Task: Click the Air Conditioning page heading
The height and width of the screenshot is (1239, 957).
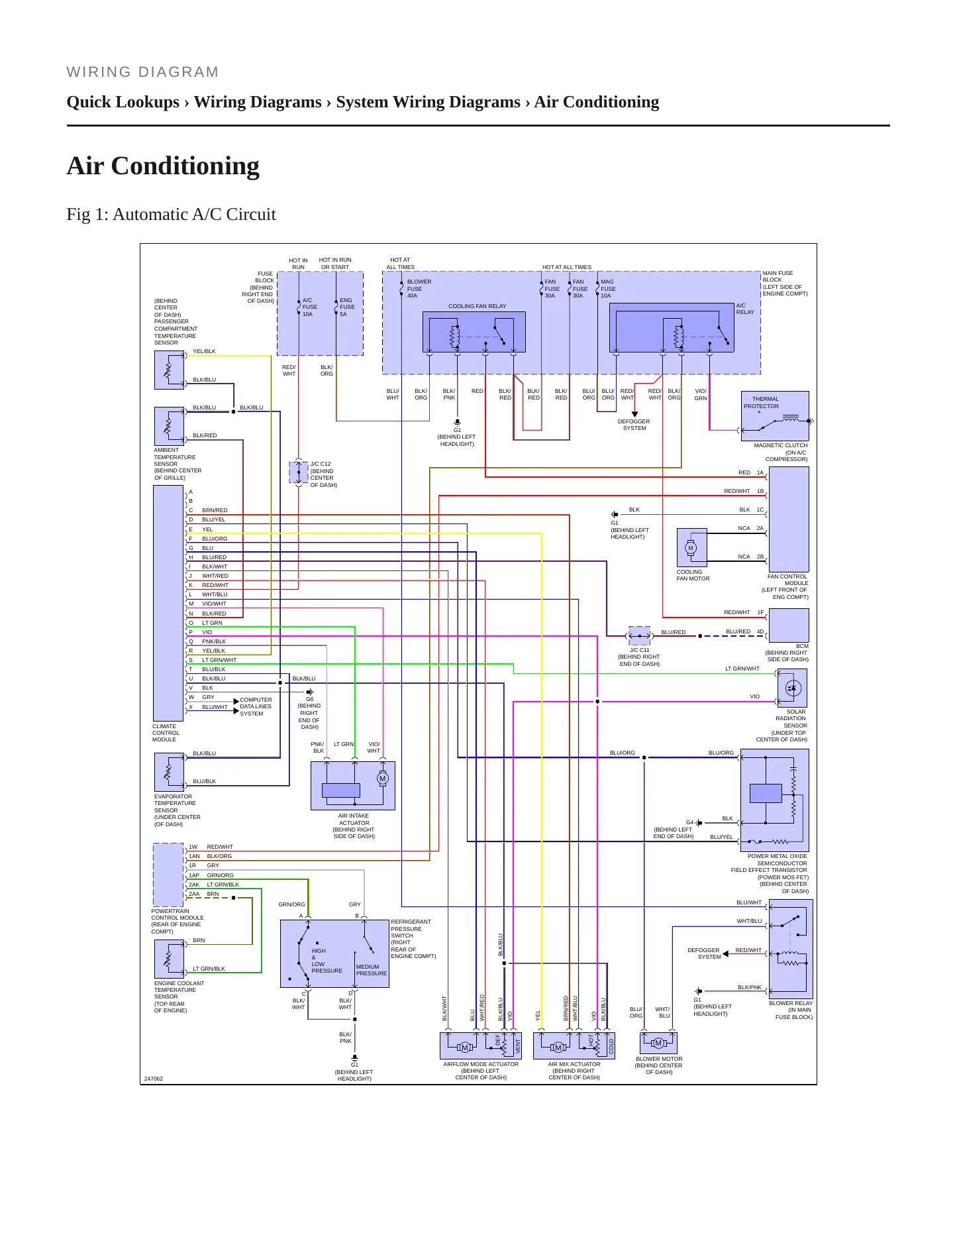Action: (163, 166)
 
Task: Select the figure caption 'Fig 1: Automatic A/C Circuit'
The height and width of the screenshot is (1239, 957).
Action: (171, 215)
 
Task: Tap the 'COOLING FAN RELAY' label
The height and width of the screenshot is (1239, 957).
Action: (477, 306)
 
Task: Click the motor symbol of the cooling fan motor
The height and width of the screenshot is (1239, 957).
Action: (691, 548)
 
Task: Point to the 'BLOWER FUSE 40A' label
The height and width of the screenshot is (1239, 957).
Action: (419, 288)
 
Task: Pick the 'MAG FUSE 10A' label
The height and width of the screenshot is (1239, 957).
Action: (608, 288)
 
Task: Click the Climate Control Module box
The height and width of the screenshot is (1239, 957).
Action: (168, 603)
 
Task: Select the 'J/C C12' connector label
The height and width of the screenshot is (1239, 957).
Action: (321, 464)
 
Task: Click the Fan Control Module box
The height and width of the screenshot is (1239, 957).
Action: (789, 519)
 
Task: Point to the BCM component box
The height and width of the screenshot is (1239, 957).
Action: (789, 625)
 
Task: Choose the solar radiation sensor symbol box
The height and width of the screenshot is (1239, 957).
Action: (792, 688)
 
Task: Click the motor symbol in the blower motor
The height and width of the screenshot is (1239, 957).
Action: (658, 1043)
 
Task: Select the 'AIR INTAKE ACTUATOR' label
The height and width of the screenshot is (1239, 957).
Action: (354, 820)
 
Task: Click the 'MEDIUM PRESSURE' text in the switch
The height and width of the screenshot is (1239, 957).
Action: (372, 970)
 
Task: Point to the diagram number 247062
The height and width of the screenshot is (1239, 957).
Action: (154, 1079)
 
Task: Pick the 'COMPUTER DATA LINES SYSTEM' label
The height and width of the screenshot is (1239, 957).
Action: (256, 706)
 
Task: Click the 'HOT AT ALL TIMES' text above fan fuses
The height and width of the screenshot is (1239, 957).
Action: (567, 267)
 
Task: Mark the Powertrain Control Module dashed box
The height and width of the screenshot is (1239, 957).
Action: (168, 875)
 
